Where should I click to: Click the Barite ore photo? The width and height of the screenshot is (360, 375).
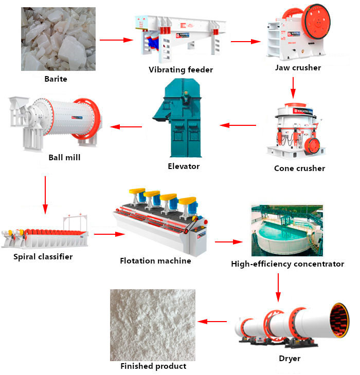[58, 39]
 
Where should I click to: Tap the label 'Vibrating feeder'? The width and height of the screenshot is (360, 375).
[181, 69]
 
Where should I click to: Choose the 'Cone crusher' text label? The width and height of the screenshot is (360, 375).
[299, 168]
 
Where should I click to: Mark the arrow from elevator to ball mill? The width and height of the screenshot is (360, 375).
[127, 126]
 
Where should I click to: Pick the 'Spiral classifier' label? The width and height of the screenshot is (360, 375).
[43, 256]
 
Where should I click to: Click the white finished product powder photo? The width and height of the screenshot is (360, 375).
[153, 325]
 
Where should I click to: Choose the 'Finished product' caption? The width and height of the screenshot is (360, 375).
[153, 366]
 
